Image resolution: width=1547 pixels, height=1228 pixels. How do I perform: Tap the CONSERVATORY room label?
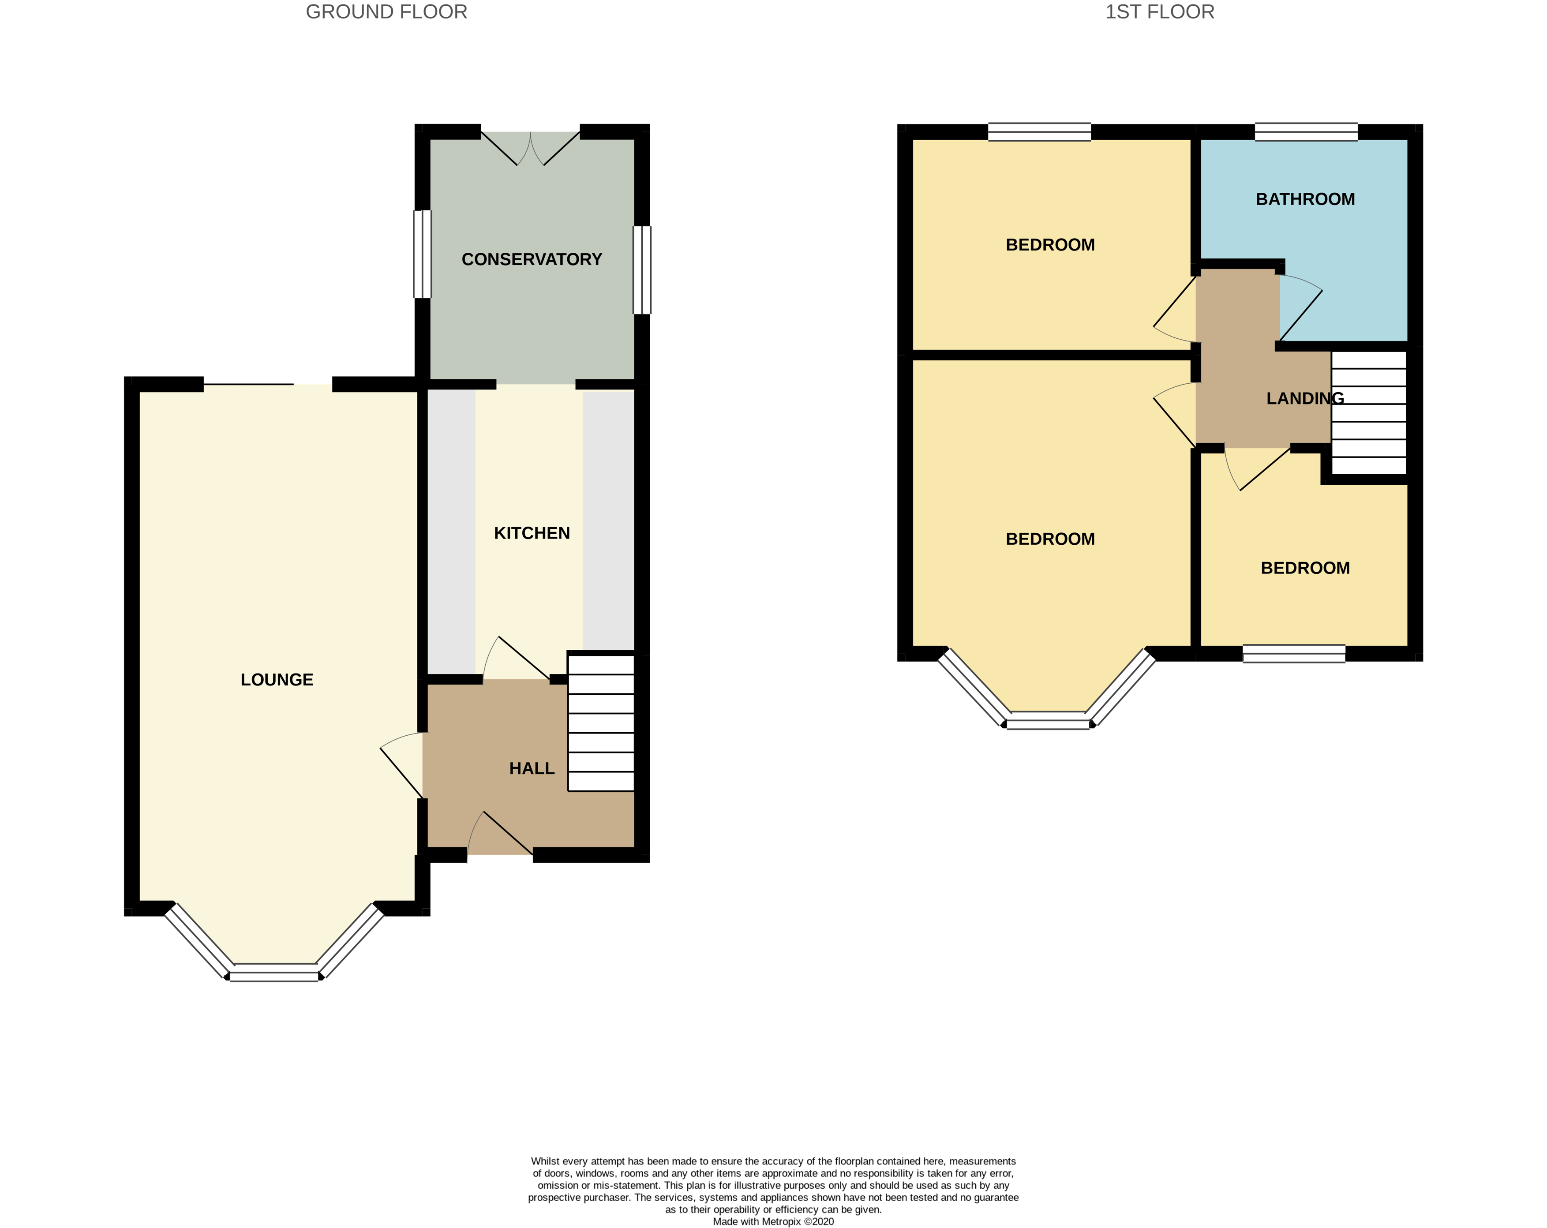[x=531, y=260]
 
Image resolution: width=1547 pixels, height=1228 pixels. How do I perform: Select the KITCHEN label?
[x=531, y=533]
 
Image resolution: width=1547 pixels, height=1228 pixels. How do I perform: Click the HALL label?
[x=531, y=769]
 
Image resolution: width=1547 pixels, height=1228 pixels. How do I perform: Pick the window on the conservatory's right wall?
[x=641, y=270]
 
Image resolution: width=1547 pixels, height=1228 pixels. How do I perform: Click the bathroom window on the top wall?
[x=1305, y=132]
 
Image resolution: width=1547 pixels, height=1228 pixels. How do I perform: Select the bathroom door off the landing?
[x=1300, y=308]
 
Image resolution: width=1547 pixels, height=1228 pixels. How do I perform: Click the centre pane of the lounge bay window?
[x=274, y=976]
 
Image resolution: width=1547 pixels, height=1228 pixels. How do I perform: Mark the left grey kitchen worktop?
[x=451, y=531]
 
